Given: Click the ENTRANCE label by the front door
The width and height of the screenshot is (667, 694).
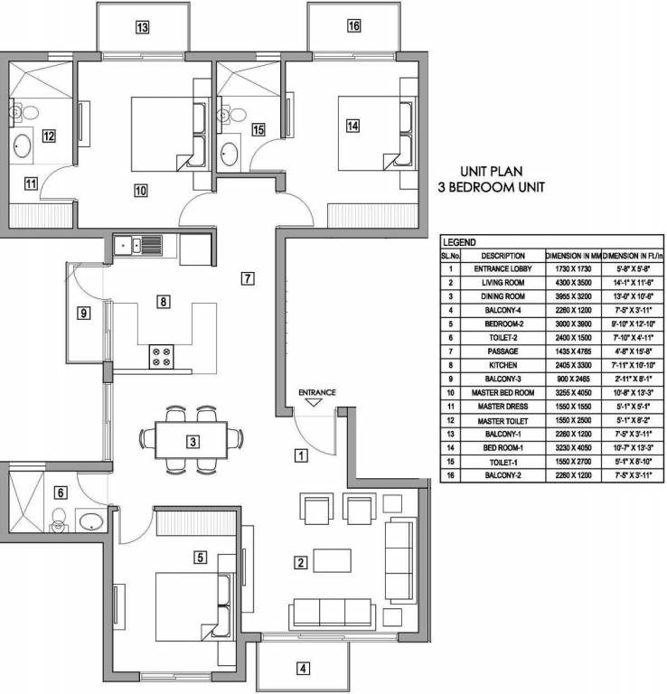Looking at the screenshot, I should coord(317,392).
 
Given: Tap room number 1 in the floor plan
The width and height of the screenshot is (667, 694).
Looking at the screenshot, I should coord(303,456).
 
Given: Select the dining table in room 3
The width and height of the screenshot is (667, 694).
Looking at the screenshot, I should coord(192,440).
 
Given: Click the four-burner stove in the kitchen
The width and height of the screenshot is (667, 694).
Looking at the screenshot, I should coord(162,358).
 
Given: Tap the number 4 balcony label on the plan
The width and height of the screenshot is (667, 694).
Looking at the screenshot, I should coord(304,669).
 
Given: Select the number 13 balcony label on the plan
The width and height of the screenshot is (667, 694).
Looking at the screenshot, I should coord(142,27).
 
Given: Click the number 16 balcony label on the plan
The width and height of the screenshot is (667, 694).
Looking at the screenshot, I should coord(353,25).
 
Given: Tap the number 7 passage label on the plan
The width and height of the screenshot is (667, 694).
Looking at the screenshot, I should coord(247,277).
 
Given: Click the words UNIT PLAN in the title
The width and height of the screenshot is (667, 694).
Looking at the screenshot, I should coord(493,171).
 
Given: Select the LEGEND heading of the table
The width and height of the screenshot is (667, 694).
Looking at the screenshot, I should coord(458,242).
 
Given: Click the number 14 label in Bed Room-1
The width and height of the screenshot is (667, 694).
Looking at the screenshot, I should coord(352,126).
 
